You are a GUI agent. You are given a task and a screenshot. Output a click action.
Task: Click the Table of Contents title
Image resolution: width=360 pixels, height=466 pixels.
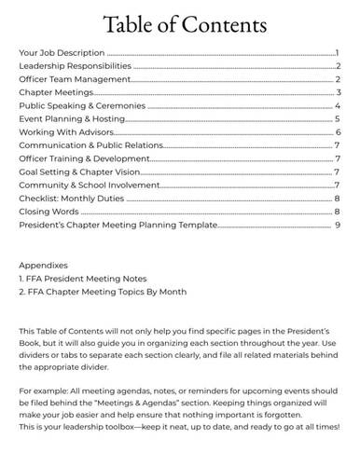(x=180, y=23)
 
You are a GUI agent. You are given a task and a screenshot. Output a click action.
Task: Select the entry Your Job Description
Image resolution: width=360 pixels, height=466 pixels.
(x=62, y=54)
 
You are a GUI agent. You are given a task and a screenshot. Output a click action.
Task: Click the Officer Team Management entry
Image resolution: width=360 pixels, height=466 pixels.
(x=74, y=80)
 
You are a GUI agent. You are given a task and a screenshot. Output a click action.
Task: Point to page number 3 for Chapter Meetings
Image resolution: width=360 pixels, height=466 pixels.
(x=338, y=93)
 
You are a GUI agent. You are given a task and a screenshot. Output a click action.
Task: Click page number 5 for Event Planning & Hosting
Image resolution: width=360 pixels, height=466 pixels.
(x=337, y=119)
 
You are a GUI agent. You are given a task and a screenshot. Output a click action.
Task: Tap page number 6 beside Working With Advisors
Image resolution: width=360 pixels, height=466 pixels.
(x=338, y=132)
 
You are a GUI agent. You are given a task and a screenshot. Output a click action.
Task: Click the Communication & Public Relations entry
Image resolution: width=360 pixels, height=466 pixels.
(x=90, y=145)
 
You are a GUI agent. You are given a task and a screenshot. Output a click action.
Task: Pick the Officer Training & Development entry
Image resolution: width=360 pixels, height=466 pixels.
(x=85, y=158)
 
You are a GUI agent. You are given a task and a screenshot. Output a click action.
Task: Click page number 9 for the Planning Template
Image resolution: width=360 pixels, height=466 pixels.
(x=338, y=225)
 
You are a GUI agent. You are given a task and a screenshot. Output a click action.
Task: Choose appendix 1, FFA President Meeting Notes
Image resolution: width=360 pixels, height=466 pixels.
(x=82, y=278)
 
